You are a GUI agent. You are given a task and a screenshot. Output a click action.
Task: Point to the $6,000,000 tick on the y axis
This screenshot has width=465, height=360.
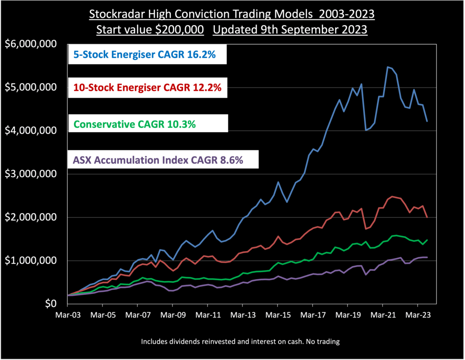(x=30, y=44)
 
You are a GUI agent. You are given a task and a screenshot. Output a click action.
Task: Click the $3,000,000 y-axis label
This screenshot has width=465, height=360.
(x=30, y=174)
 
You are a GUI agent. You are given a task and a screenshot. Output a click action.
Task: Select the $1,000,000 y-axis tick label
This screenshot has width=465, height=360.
(x=30, y=261)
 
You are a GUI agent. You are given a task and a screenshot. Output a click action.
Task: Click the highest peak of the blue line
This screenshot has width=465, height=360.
(x=387, y=67)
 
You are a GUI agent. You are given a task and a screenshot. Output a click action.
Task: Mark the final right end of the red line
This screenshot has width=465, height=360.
(x=427, y=217)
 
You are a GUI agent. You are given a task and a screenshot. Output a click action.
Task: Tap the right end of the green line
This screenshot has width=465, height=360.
(x=427, y=240)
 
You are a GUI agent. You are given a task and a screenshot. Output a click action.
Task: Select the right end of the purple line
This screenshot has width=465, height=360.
(x=427, y=257)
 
